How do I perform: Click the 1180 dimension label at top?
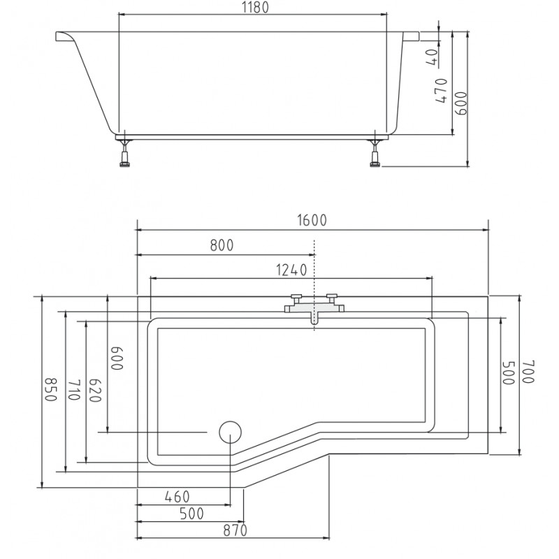tap(255, 8)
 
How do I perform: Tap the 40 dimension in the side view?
tap(432, 57)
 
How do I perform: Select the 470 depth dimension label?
tap(441, 91)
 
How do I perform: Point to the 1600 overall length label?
tap(312, 220)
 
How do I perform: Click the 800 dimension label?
tap(222, 245)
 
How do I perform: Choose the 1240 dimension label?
tap(291, 270)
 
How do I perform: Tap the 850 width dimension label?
tap(50, 389)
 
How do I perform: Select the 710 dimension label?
tap(73, 390)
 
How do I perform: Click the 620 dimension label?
tap(95, 390)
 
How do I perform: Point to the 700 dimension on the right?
tap(528, 372)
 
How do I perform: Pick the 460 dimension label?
tap(177, 497)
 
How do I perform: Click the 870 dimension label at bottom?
tap(235, 530)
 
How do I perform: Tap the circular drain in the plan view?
tap(230, 432)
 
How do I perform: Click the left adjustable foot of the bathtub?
tap(125, 152)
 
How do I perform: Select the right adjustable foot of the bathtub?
tap(375, 152)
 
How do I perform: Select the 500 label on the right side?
tap(509, 373)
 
